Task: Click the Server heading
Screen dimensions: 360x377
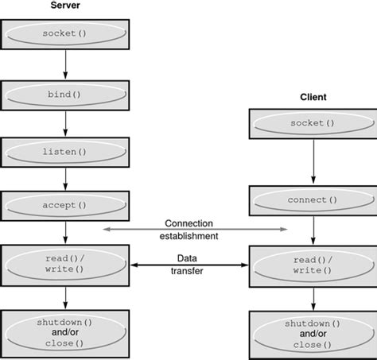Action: click(65, 7)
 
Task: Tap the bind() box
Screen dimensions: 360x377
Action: click(65, 94)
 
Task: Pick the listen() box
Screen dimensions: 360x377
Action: click(65, 150)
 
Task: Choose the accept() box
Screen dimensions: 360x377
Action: click(65, 205)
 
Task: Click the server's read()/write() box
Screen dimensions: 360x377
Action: click(65, 264)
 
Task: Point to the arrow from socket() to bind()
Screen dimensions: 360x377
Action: click(65, 65)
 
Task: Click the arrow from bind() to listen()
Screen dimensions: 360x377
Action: click(65, 122)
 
